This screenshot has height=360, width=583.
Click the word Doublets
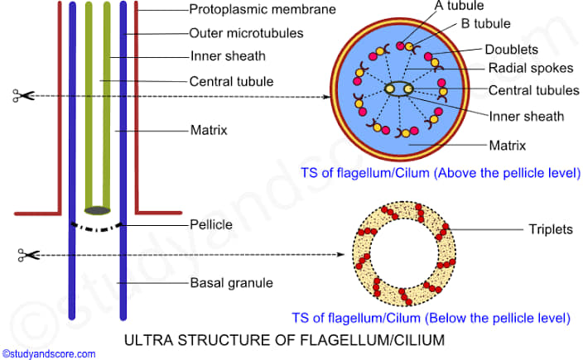tap(512, 50)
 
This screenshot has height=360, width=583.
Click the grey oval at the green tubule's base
tap(99, 210)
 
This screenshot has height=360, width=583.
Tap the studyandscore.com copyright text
tap(49, 353)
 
